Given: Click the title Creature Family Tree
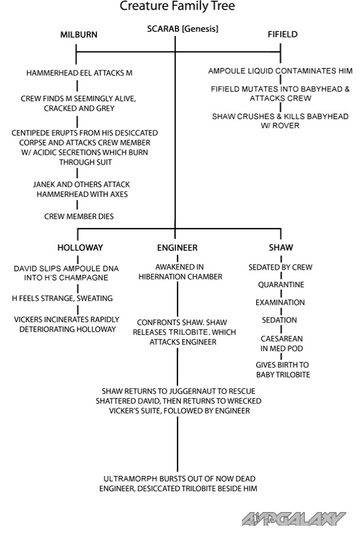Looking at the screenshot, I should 177,7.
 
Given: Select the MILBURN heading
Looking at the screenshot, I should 79,35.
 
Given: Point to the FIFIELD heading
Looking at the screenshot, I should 282,35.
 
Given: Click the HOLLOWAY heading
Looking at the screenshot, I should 80,247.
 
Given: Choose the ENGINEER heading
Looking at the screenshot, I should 177,247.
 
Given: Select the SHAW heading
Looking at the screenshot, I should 281,247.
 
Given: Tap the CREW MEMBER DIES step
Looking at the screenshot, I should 79,217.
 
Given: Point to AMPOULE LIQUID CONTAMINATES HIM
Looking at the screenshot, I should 280,71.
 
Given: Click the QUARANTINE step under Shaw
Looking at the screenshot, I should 281,285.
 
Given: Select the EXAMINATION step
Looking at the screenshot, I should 280,302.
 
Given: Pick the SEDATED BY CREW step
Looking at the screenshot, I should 280,267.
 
